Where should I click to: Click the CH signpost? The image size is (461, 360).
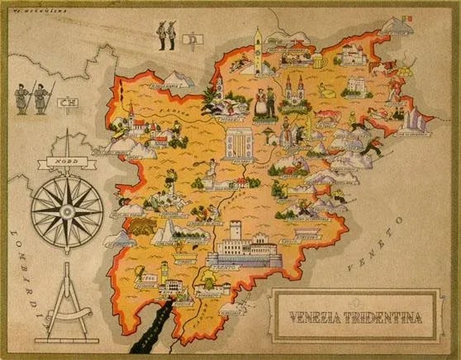tap(65, 103)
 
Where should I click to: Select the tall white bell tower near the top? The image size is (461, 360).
tap(258, 48)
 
